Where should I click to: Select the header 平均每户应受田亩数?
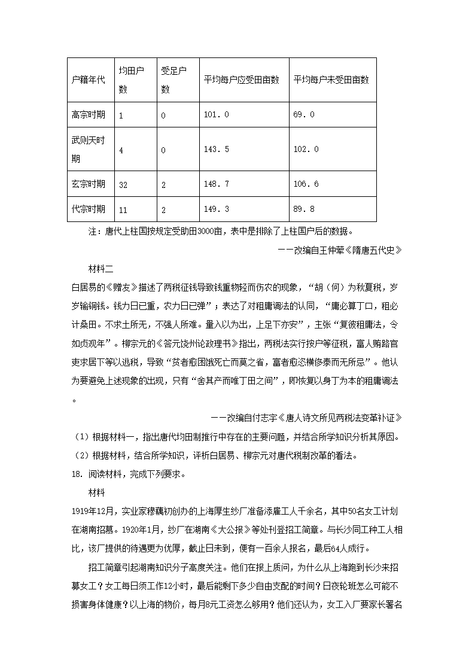pyautogui.click(x=242, y=80)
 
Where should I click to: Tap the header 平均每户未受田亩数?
pyautogui.click(x=331, y=80)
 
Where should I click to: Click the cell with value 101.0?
pyautogui.click(x=216, y=115)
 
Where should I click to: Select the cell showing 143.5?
pyautogui.click(x=216, y=150)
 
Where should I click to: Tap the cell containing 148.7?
pyautogui.click(x=216, y=184)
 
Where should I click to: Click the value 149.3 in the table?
pyautogui.click(x=216, y=209)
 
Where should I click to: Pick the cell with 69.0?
pyautogui.click(x=303, y=115)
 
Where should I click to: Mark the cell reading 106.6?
pyautogui.click(x=306, y=184)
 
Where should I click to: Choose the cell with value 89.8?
pyautogui.click(x=303, y=209)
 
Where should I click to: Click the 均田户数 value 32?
pyautogui.click(x=123, y=185)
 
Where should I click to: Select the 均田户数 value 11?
pyautogui.click(x=123, y=210)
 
